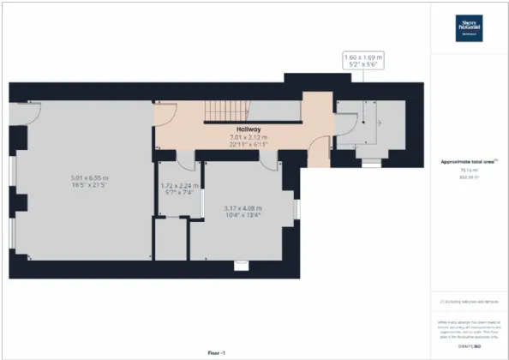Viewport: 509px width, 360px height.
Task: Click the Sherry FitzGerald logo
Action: point(469,27)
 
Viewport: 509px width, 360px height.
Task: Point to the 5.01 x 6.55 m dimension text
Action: point(88,177)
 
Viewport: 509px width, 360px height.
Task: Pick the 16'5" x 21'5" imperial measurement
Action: point(88,185)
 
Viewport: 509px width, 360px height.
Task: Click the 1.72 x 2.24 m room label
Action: point(180,185)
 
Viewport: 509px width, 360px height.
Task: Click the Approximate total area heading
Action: point(467,161)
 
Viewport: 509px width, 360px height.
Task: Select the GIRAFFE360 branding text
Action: point(469,345)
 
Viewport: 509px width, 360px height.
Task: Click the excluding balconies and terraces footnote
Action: point(468,303)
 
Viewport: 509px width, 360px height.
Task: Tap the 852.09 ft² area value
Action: point(468,177)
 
